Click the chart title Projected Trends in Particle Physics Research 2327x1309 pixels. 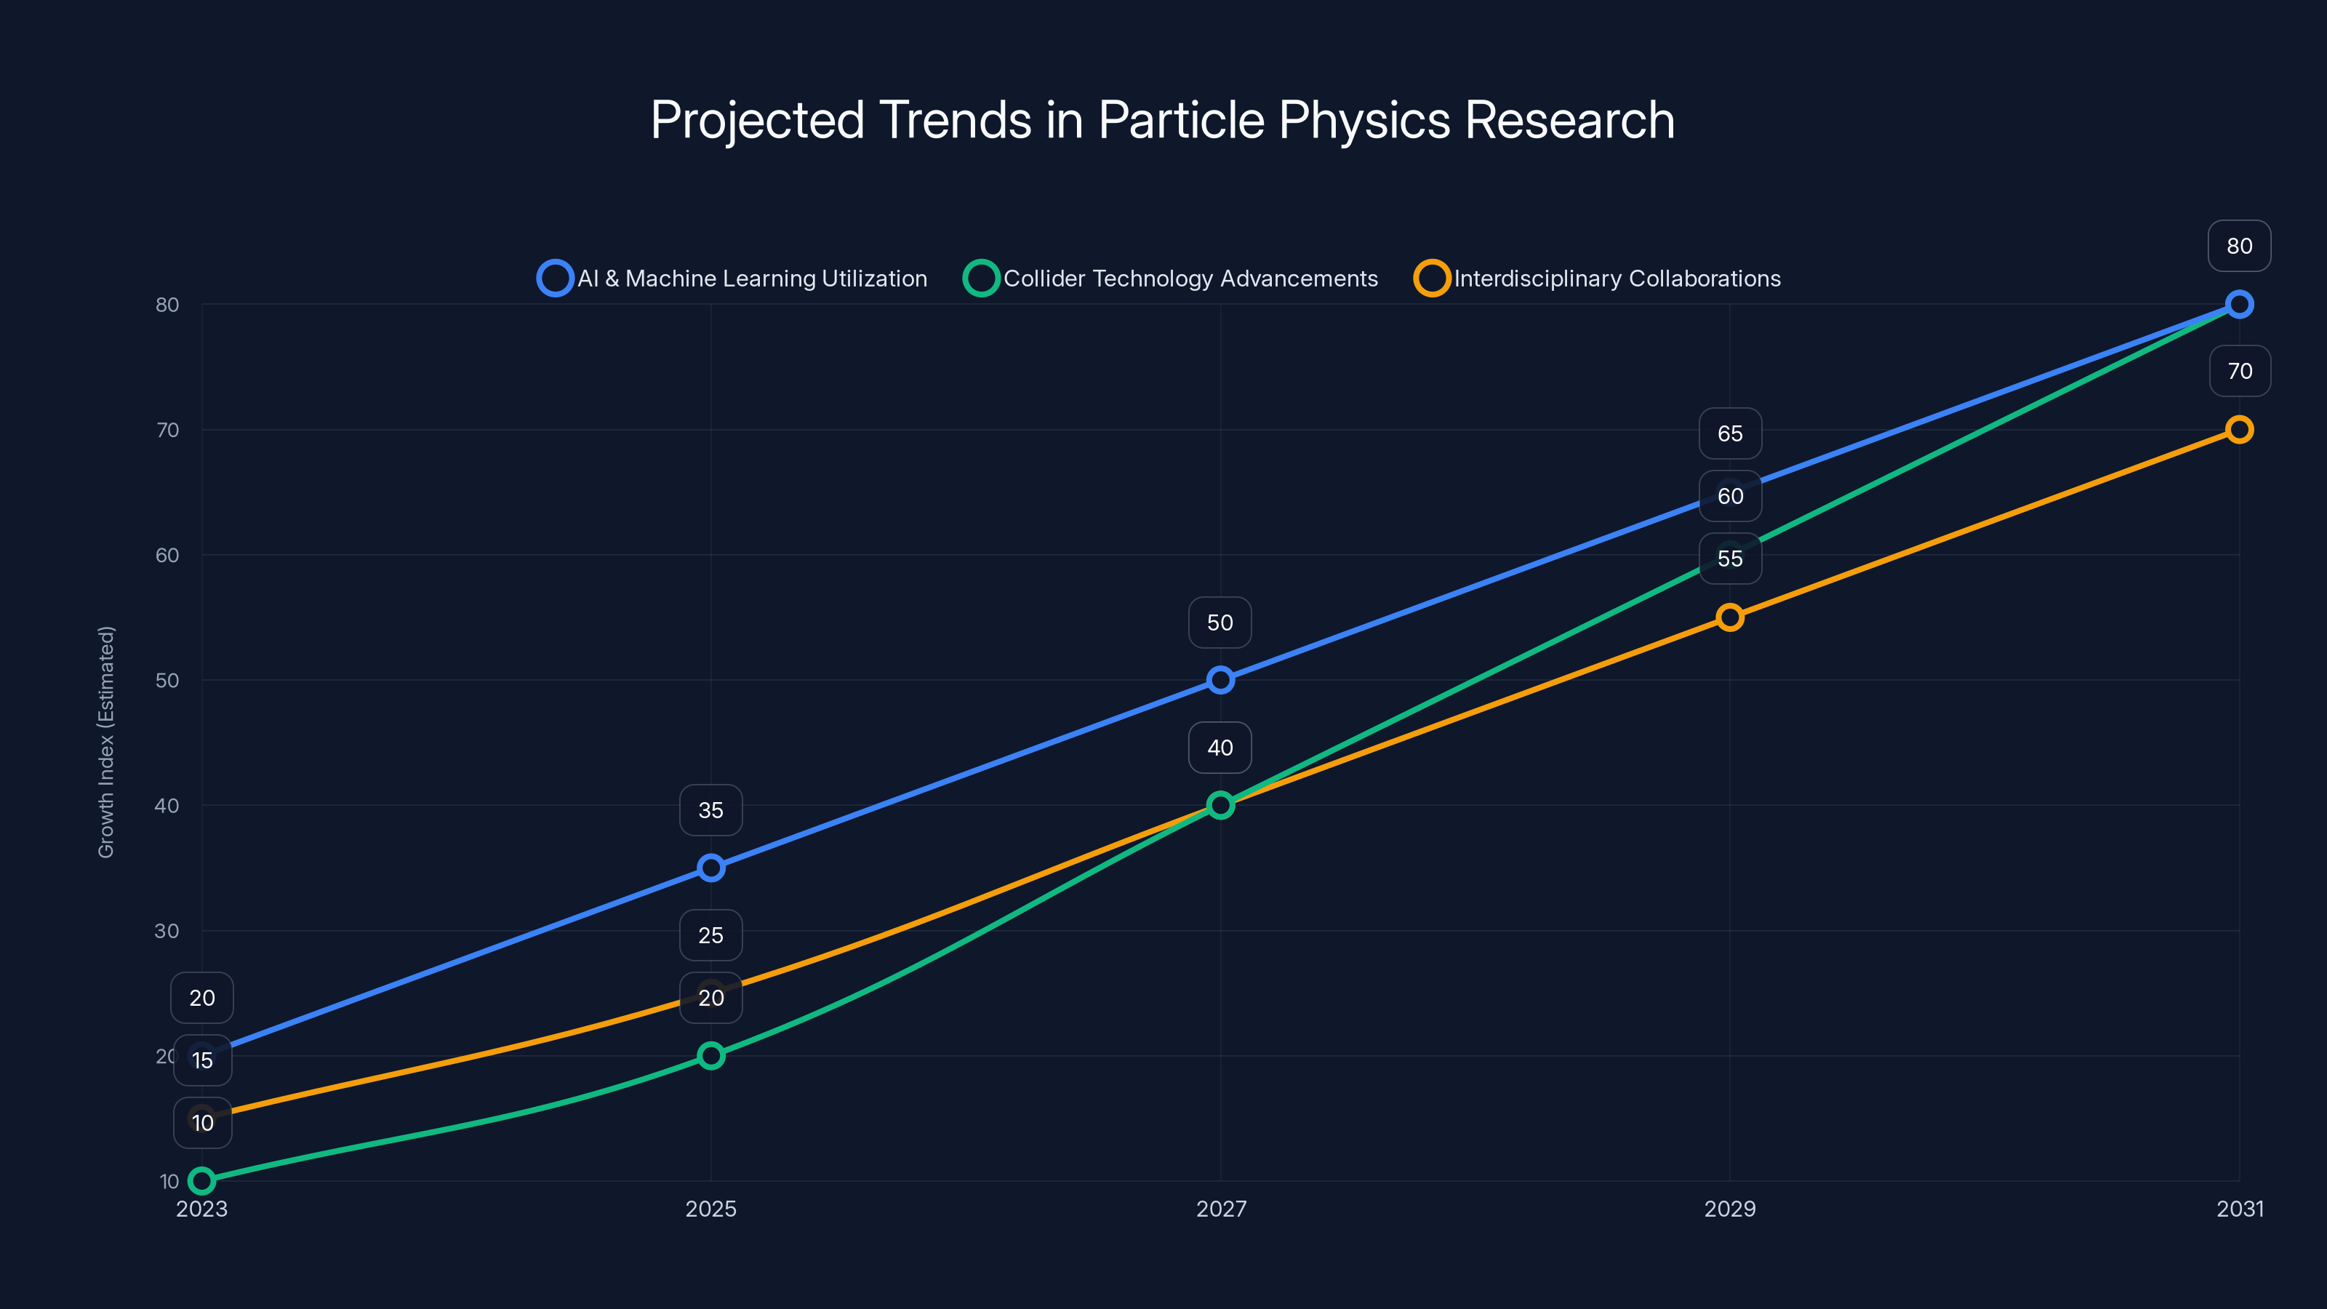click(1163, 120)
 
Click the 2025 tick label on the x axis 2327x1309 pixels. click(711, 1209)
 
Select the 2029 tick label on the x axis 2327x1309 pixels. click(1730, 1209)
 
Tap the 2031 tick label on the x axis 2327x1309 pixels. click(2240, 1209)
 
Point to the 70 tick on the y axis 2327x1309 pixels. click(167, 430)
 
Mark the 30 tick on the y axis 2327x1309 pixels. click(167, 931)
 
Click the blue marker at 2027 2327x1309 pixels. click(1220, 680)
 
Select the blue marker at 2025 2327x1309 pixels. click(711, 868)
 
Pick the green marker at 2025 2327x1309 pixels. click(711, 1056)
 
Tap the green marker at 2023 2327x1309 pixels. click(202, 1181)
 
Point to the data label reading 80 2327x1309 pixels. click(2240, 246)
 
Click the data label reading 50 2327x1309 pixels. click(1219, 623)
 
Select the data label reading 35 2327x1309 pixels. click(711, 810)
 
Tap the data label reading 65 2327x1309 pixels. click(1730, 433)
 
